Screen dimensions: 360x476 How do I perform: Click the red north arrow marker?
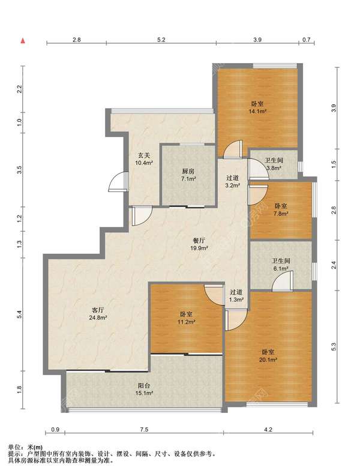pos(22,41)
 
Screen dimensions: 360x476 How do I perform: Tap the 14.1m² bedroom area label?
pos(257,112)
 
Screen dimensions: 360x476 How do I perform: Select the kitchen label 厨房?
pos(188,172)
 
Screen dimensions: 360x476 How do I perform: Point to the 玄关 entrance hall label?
pos(144,155)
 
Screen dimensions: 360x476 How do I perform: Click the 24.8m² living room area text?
pos(98,318)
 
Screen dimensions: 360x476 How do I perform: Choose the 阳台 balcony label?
pos(143,385)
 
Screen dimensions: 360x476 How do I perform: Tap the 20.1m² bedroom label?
pos(268,360)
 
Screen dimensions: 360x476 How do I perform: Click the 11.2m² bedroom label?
pos(186,322)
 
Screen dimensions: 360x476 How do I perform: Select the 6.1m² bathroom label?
pos(280,268)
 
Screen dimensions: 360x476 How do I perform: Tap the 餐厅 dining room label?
pos(199,241)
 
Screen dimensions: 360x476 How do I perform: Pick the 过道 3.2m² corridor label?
pos(233,181)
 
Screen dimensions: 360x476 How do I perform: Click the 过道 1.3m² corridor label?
pos(236,296)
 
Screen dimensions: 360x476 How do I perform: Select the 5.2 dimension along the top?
pos(161,40)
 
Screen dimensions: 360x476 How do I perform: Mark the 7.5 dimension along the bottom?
pos(144,429)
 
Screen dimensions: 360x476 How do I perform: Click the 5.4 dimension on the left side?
pos(20,315)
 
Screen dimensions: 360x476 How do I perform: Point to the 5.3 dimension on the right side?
pos(334,347)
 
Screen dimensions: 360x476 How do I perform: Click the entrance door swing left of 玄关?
pos(118,181)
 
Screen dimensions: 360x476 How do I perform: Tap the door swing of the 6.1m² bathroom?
pos(282,281)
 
